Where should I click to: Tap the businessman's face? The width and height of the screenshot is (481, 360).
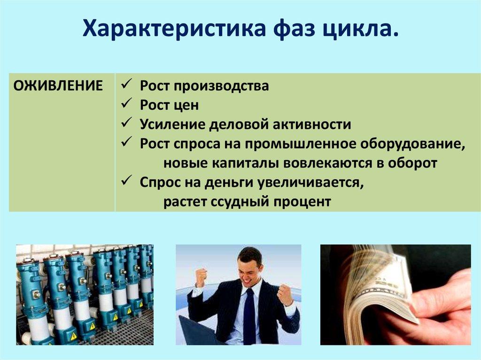250,268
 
